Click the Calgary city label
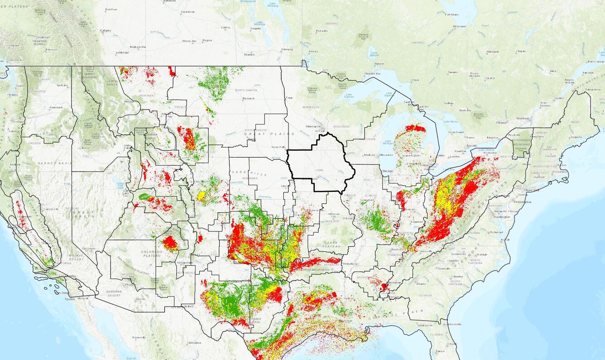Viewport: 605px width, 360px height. pos(106,30)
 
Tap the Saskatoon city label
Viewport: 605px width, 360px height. pos(187,11)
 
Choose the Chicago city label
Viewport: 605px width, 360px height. pos(388,171)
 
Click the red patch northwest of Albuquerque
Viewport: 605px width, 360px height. pos(171,244)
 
